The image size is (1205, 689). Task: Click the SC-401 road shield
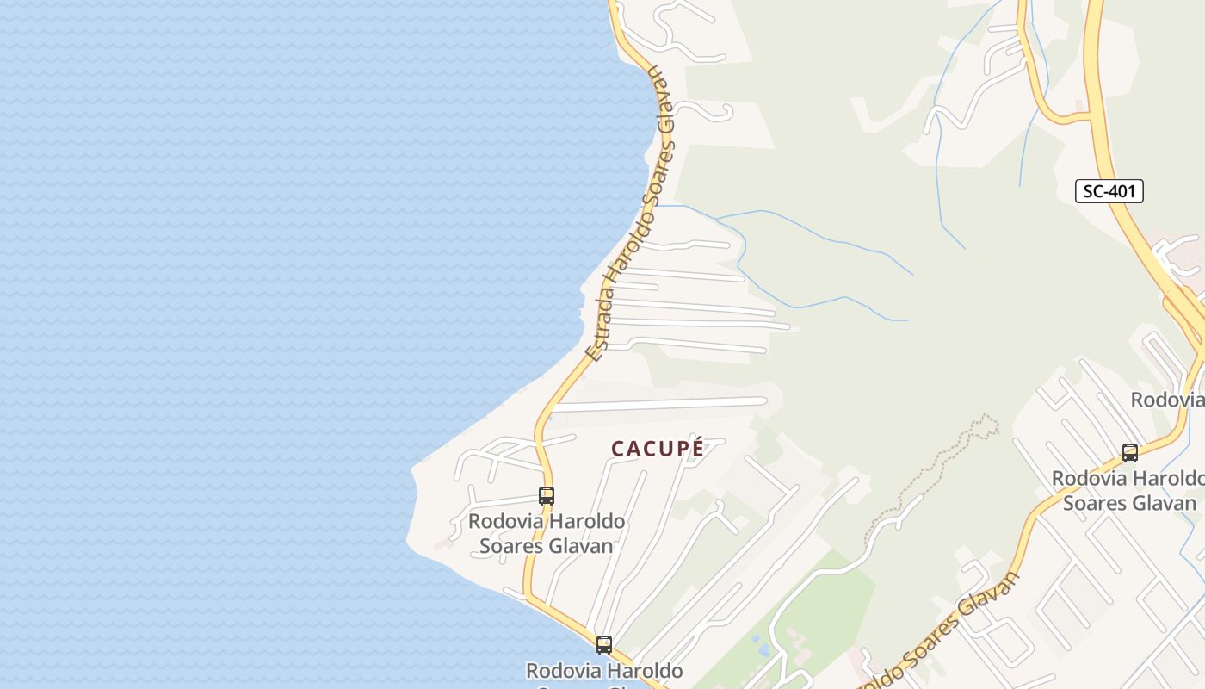click(x=1109, y=191)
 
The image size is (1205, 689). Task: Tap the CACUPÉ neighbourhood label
click(x=658, y=449)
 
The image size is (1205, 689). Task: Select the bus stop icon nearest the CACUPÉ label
click(x=547, y=496)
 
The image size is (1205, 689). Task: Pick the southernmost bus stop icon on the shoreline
click(x=604, y=644)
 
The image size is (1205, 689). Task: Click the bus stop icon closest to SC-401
click(x=1130, y=453)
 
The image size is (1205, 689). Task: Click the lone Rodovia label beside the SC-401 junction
click(x=1166, y=400)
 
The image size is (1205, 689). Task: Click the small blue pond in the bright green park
click(x=755, y=641)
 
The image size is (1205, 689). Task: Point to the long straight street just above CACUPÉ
click(x=658, y=403)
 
